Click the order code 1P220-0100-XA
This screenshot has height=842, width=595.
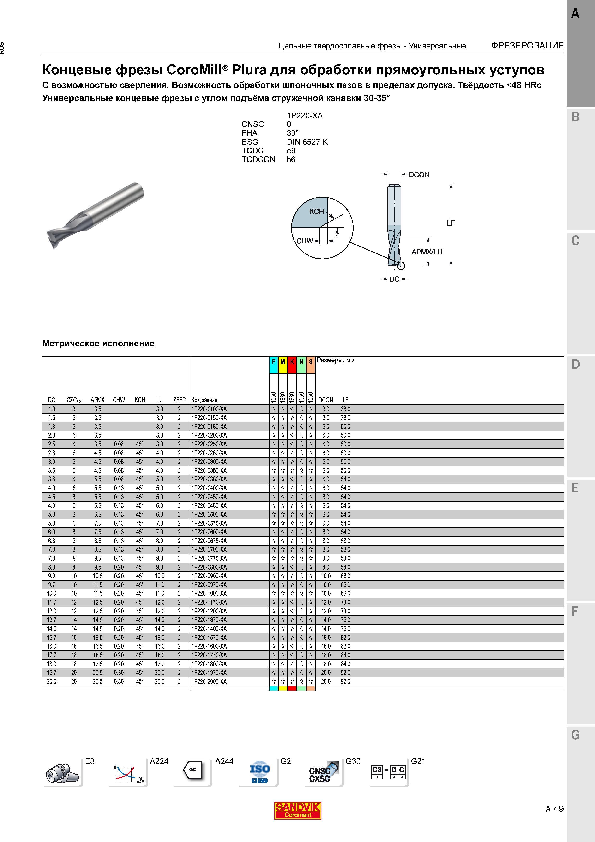[209, 409]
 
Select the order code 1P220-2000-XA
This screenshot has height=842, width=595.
[209, 681]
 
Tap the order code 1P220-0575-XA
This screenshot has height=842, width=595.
[209, 523]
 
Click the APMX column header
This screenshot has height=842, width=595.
[97, 400]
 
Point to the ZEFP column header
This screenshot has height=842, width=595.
[179, 400]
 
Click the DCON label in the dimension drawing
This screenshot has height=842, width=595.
[419, 174]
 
